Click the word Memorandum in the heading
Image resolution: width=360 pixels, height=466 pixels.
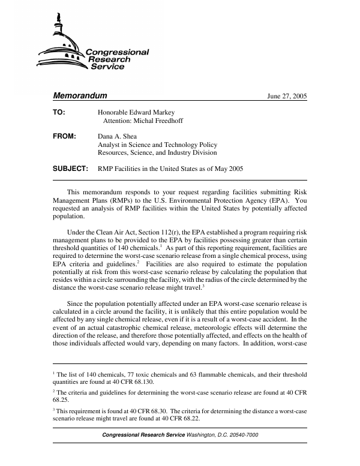pyautogui.click(x=80, y=96)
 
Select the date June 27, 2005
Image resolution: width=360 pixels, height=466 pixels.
pyautogui.click(x=287, y=97)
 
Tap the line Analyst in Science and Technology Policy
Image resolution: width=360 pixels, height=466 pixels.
pyautogui.click(x=157, y=145)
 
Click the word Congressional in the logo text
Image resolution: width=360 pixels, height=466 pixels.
pyautogui.click(x=117, y=52)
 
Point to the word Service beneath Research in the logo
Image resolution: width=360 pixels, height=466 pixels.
pyautogui.click(x=107, y=67)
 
